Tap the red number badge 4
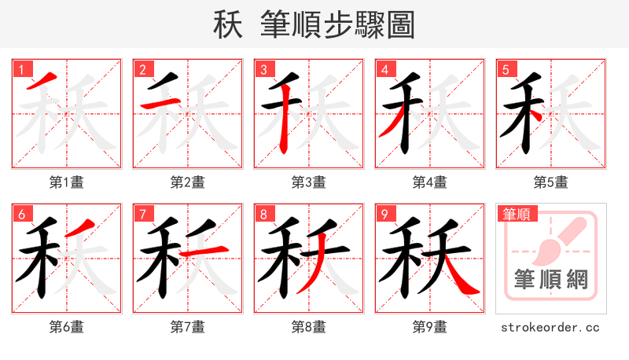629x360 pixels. (385, 68)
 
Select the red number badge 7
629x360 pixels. (143, 213)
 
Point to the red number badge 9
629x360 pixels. (385, 213)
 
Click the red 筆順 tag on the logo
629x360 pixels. (516, 213)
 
